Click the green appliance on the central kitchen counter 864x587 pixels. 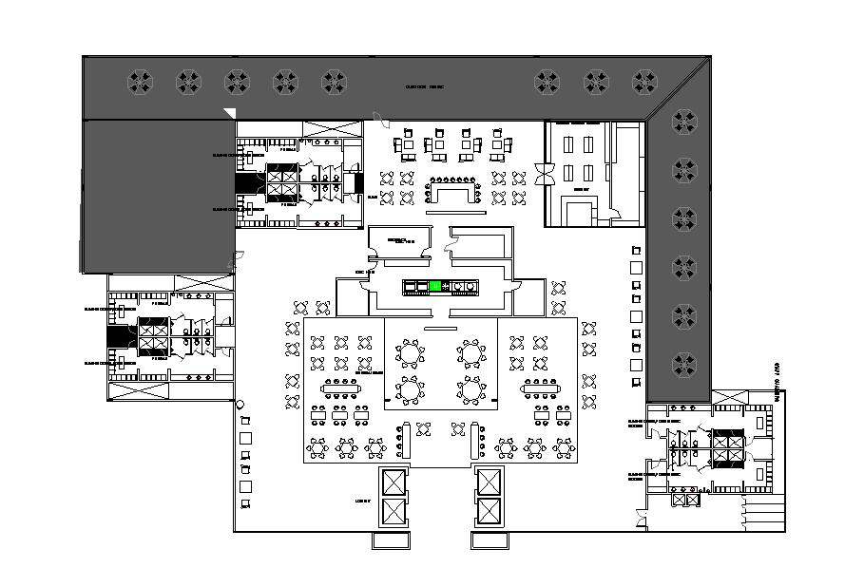point(435,285)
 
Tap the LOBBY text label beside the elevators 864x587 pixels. point(361,500)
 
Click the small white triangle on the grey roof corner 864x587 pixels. point(228,113)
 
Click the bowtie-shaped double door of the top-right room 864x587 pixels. point(548,175)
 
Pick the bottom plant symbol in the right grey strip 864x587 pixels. point(683,365)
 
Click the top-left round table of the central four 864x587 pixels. point(410,353)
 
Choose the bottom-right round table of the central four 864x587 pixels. point(470,389)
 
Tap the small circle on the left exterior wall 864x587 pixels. point(240,405)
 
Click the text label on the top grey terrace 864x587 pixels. point(425,86)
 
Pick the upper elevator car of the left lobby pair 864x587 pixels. point(393,481)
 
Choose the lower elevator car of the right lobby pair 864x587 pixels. point(488,512)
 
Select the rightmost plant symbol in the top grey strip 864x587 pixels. point(644,82)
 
